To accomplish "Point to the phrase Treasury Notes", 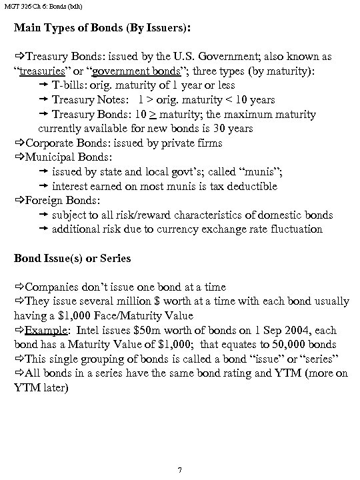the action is pyautogui.click(x=91, y=100).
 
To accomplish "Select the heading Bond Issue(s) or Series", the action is pyautogui.click(x=73, y=258).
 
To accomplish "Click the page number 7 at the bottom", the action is pyautogui.click(x=180, y=471).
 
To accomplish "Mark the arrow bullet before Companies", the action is pyautogui.click(x=19, y=287).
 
